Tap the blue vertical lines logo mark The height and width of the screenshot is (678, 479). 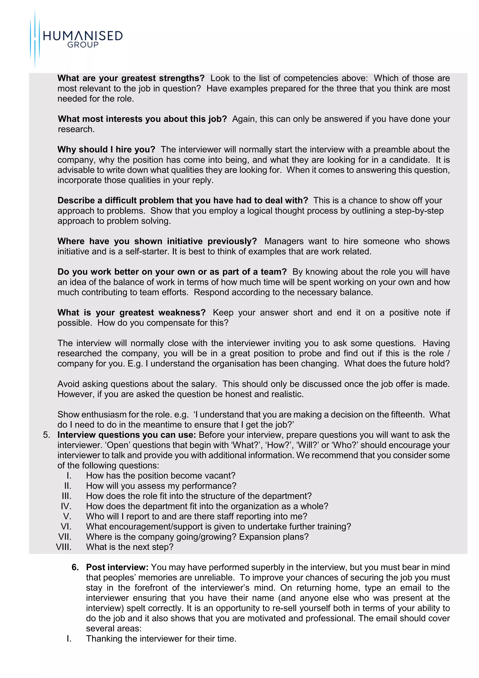(35, 38)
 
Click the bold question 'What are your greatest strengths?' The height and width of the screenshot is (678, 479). (131, 78)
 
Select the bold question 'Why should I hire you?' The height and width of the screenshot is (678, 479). (106, 149)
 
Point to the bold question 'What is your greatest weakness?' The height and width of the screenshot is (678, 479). (131, 312)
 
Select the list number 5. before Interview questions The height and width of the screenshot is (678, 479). (47, 435)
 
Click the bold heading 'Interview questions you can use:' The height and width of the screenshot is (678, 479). (127, 435)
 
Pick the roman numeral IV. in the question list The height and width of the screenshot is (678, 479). (66, 506)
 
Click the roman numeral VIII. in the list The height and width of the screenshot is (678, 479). (64, 547)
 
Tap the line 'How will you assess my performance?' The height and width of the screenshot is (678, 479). (161, 486)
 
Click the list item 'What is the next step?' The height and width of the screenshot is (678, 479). (130, 547)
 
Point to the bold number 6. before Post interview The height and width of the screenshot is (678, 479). (75, 567)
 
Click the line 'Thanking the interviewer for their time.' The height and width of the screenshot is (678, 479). (161, 639)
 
